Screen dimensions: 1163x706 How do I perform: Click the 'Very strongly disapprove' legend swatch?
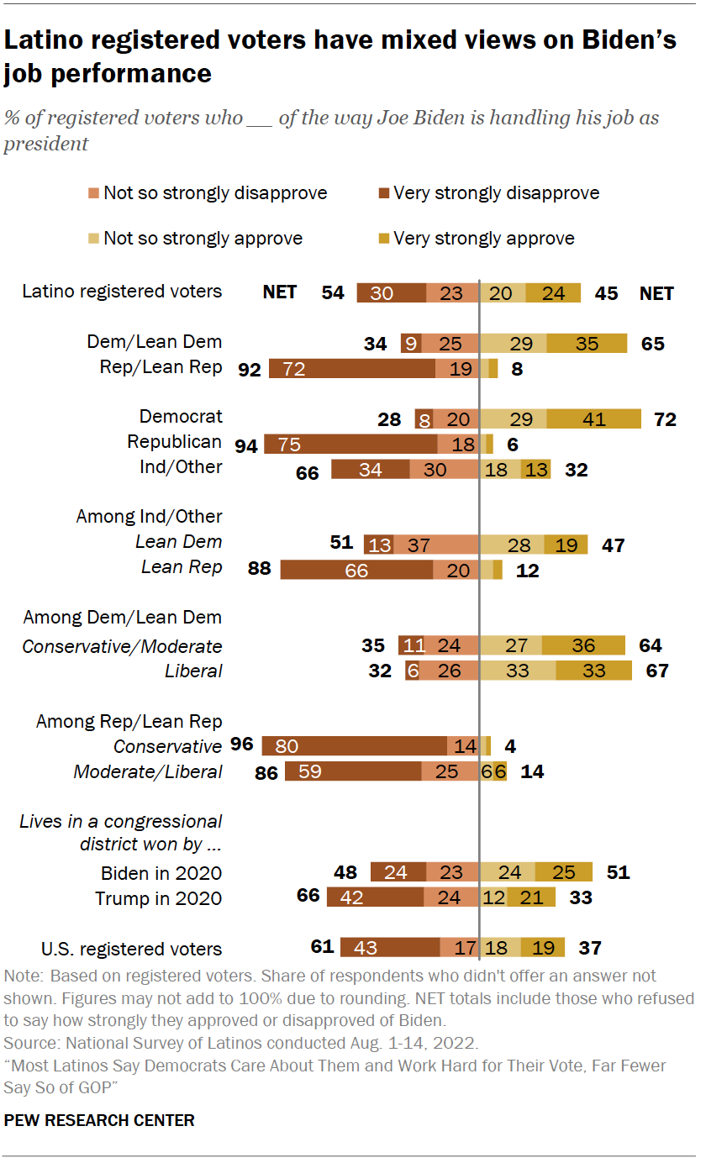[383, 194]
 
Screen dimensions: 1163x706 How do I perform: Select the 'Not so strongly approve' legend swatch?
[94, 239]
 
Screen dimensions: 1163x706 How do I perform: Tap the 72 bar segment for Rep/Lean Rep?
[352, 367]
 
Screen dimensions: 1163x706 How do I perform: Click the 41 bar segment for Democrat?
[594, 418]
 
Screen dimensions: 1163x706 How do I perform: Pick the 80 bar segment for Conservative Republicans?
[355, 746]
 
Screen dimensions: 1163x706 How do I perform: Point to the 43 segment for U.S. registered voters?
[390, 948]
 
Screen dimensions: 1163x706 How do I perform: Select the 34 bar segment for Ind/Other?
[371, 469]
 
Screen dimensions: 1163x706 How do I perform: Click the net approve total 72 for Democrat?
[665, 418]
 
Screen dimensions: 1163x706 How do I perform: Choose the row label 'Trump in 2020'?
[158, 898]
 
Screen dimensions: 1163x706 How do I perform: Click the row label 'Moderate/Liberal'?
[148, 771]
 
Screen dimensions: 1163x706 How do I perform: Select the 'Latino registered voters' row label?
[122, 292]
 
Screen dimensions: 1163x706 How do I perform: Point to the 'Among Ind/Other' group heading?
[149, 517]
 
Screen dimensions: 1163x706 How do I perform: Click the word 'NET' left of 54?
[280, 292]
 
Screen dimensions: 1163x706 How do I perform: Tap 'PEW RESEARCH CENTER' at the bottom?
[99, 1120]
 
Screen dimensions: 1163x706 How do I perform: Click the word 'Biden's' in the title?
[623, 40]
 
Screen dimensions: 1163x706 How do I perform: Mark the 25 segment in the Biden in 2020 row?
[564, 872]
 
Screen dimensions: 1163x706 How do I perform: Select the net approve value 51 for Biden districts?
[618, 872]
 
